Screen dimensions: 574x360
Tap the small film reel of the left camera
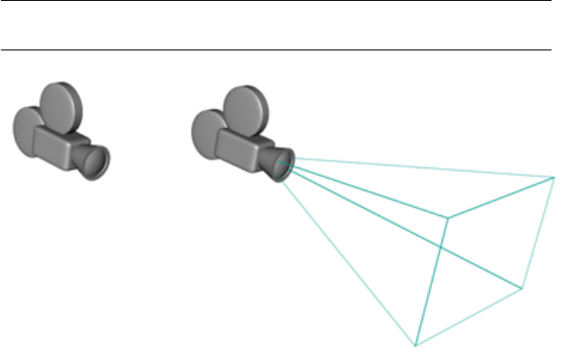[29, 125]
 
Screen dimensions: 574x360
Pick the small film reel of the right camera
[209, 129]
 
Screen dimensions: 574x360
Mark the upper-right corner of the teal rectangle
[554, 177]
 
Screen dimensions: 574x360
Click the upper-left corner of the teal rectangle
[449, 217]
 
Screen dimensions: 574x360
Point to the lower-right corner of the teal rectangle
[523, 288]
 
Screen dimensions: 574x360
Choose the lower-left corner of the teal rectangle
[416, 345]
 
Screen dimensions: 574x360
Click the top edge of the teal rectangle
[501, 197]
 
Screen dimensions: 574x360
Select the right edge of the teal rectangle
[539, 232]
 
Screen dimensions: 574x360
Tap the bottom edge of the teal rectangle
[469, 317]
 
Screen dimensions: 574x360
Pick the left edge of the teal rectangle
[433, 280]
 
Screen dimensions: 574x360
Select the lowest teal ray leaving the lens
[351, 252]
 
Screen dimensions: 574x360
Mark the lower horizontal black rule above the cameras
[275, 50]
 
